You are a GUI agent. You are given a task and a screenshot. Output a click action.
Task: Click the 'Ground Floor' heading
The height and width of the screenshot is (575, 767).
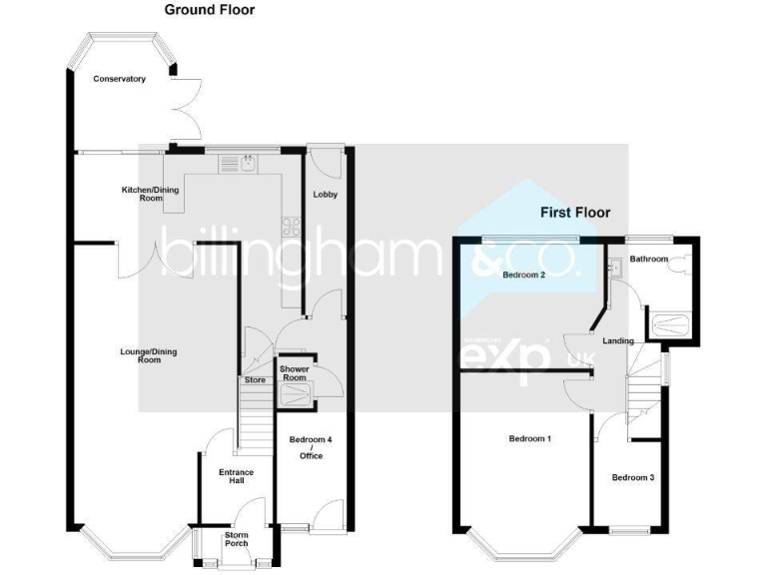210,10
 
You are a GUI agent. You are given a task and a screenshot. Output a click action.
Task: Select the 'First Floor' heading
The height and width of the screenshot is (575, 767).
575,213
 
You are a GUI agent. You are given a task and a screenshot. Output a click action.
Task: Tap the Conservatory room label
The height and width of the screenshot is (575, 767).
120,79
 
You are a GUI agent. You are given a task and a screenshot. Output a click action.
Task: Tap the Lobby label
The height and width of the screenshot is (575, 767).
324,194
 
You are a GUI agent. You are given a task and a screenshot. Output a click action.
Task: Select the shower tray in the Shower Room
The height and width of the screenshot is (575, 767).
296,395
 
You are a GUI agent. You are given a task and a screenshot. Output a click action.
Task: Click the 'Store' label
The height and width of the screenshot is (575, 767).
254,379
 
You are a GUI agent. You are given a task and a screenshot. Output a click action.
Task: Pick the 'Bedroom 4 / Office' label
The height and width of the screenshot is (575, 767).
310,447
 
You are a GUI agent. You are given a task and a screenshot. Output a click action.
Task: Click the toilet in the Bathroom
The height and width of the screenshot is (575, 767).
682,264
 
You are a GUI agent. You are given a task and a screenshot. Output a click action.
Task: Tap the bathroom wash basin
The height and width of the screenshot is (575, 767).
615,267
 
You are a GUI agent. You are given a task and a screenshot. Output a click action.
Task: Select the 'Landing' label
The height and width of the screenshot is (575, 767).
617,341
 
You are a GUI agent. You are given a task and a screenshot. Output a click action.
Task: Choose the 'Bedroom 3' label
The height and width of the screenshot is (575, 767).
633,477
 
